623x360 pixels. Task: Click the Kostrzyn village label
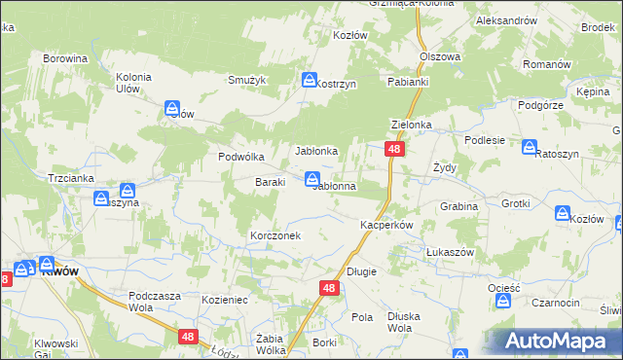(337, 85)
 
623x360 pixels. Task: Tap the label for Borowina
(65, 58)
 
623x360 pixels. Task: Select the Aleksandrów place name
(506, 20)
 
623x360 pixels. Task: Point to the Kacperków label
(387, 225)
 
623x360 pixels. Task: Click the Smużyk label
(246, 81)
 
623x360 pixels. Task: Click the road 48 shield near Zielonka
(394, 149)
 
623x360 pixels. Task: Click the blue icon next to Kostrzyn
(310, 80)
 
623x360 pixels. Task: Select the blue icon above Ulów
(172, 107)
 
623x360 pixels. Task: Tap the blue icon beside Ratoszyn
(530, 148)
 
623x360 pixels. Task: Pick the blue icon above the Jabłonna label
(311, 178)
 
